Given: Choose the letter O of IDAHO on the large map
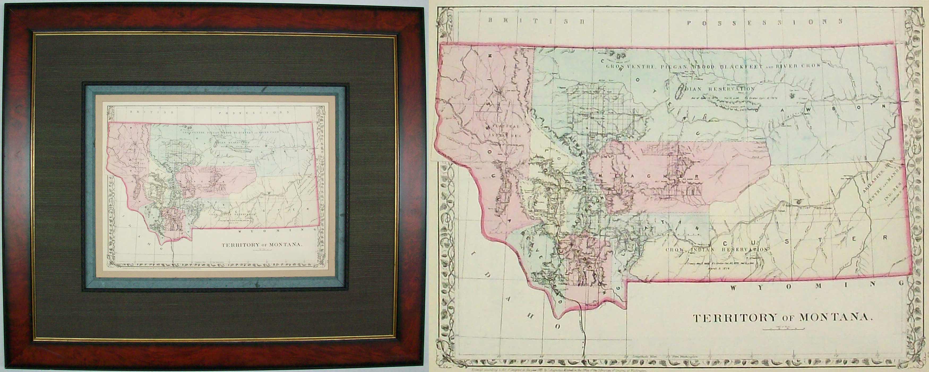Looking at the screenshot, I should tap(557, 327).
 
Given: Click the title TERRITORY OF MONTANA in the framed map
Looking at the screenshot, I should tap(261, 244).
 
